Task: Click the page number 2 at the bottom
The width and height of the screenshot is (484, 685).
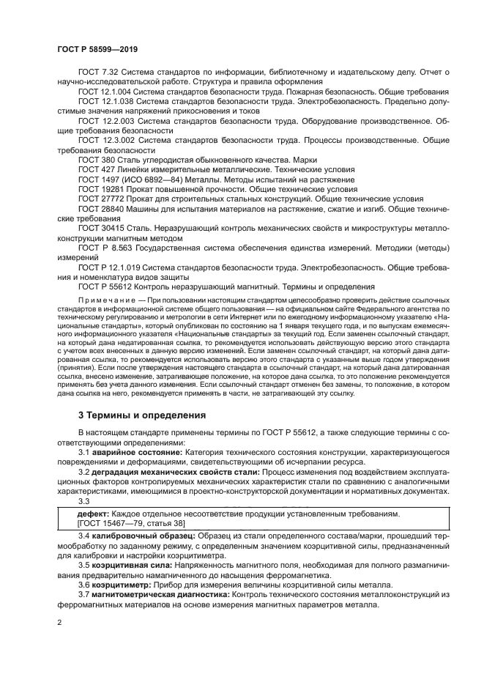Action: (x=59, y=621)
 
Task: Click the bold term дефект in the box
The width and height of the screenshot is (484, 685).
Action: (x=94, y=515)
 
